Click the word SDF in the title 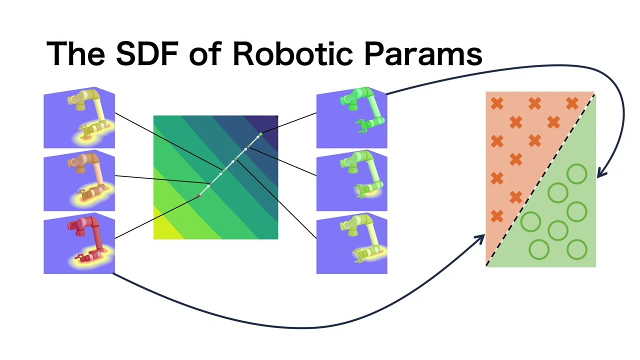148,53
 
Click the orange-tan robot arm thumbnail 79,181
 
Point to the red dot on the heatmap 198,196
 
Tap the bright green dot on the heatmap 260,134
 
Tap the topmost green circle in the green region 577,174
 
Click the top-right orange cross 572,104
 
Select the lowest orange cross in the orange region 497,216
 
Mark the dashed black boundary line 540,179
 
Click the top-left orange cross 497,104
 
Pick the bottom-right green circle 577,249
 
